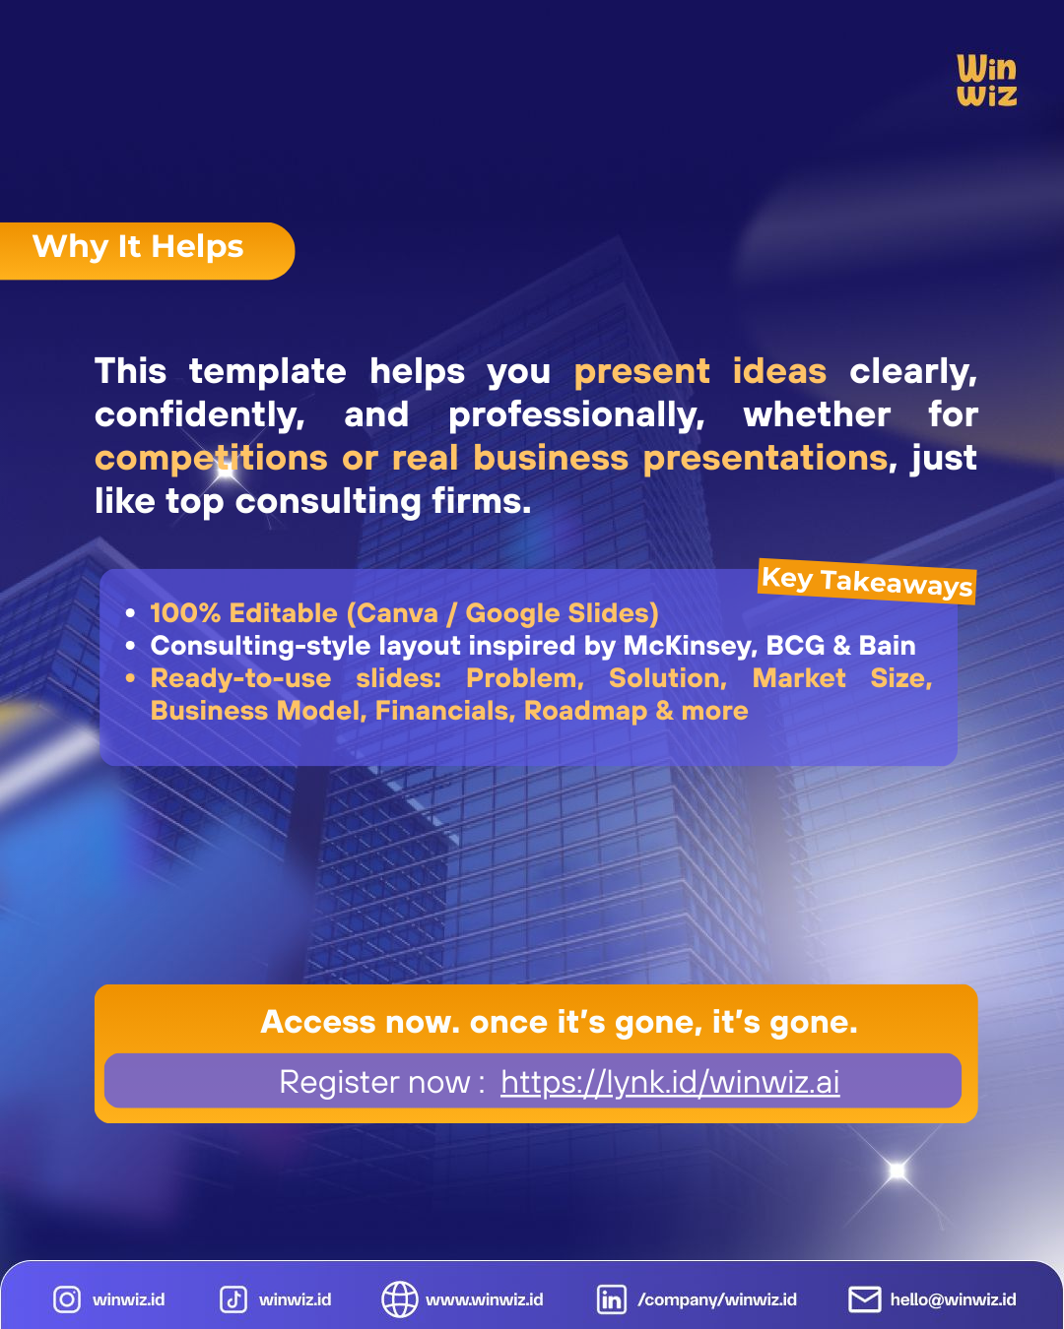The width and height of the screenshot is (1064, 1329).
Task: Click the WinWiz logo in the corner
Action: pos(986,81)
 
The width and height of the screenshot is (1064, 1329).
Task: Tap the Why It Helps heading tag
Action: pos(139,247)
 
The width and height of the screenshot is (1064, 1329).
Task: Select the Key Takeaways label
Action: pos(867,581)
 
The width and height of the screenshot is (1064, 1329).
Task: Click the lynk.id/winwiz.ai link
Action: pos(670,1082)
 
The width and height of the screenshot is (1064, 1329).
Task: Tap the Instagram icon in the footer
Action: pos(67,1299)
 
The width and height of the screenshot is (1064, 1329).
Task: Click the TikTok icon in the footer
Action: pos(233,1299)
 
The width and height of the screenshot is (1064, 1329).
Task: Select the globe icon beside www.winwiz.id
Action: pos(399,1299)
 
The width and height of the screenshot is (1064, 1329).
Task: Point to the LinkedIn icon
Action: pos(611,1299)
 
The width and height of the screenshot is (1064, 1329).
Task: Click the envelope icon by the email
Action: pos(864,1299)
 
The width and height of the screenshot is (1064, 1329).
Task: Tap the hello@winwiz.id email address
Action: pos(953,1299)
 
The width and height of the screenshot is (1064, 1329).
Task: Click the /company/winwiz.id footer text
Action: pos(717,1299)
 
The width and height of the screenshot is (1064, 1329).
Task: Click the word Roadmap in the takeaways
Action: pos(585,711)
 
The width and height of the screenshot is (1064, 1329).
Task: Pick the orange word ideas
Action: pos(779,371)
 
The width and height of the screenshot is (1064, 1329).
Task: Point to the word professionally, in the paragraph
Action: pos(576,414)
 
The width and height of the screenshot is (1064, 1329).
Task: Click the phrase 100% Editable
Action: pos(243,613)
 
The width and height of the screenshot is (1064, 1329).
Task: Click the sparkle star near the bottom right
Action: pos(897,1170)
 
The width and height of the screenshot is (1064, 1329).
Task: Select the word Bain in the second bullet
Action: pos(887,646)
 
